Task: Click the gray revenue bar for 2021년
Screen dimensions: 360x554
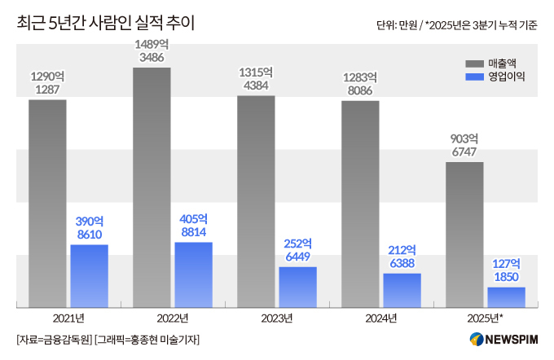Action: [47, 204]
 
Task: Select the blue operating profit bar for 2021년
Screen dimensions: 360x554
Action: [89, 276]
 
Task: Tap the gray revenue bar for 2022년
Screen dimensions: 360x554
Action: [152, 187]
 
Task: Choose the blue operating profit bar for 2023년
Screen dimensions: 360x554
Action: [297, 287]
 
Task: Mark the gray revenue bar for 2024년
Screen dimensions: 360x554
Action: [360, 204]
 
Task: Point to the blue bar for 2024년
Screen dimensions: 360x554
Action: [402, 290]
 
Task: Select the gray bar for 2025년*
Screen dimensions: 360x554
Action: [464, 235]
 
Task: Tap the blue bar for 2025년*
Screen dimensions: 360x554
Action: [506, 297]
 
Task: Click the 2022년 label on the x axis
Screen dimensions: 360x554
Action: [172, 318]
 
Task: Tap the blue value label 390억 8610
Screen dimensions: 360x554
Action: [89, 227]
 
